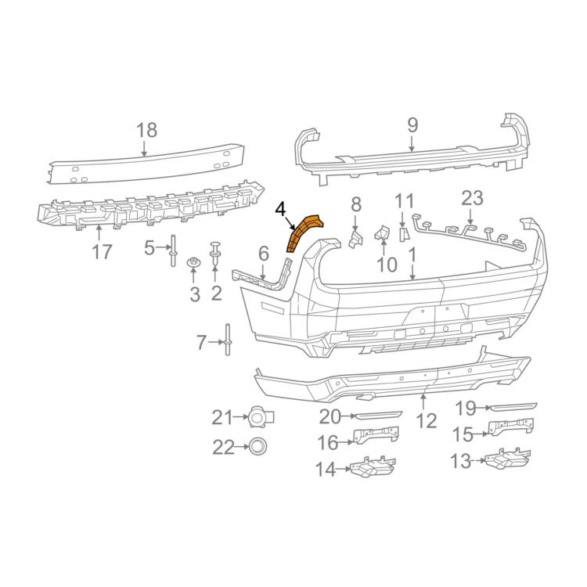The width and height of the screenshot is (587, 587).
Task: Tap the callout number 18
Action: pyautogui.click(x=146, y=130)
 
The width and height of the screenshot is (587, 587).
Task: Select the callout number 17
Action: pyautogui.click(x=102, y=251)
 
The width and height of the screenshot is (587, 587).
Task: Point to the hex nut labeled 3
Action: pyautogui.click(x=193, y=262)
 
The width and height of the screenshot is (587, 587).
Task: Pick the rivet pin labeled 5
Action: pyautogui.click(x=173, y=250)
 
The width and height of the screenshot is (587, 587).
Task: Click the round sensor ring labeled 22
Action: pyautogui.click(x=258, y=446)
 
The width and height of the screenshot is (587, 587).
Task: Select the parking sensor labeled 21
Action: pyautogui.click(x=261, y=416)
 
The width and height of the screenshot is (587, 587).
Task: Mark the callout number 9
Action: pyautogui.click(x=412, y=125)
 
